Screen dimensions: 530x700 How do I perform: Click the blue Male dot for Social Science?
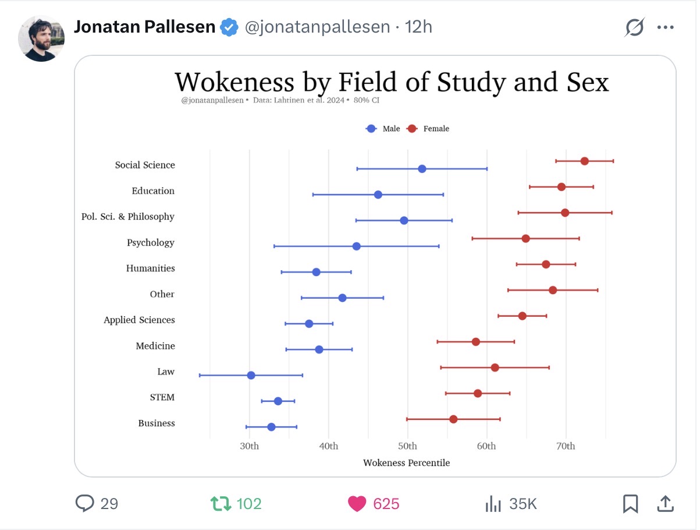click(x=422, y=169)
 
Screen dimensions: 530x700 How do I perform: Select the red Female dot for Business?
click(x=453, y=419)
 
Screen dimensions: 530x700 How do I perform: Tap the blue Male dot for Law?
click(x=251, y=375)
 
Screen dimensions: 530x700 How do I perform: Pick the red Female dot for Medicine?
click(x=476, y=342)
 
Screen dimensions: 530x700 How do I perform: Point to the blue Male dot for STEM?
click(x=278, y=401)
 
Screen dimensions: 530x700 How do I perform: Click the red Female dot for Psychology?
click(x=525, y=238)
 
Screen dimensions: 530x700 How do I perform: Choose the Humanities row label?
click(x=150, y=268)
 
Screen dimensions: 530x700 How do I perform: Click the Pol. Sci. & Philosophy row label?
click(x=128, y=217)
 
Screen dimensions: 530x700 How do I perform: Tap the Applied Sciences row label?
click(x=139, y=320)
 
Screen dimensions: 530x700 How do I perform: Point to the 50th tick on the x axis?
click(x=407, y=446)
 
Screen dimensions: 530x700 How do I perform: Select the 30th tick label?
click(x=249, y=446)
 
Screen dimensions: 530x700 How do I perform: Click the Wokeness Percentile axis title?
click(x=406, y=463)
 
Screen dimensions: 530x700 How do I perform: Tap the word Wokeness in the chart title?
click(x=234, y=83)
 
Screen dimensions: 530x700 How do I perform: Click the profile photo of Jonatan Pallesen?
click(x=41, y=38)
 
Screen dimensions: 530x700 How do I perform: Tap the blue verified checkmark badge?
click(x=230, y=27)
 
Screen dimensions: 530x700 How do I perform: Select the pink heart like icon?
click(x=357, y=504)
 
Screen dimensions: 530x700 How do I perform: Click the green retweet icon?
click(x=221, y=504)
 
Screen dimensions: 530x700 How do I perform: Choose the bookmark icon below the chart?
click(x=630, y=504)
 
